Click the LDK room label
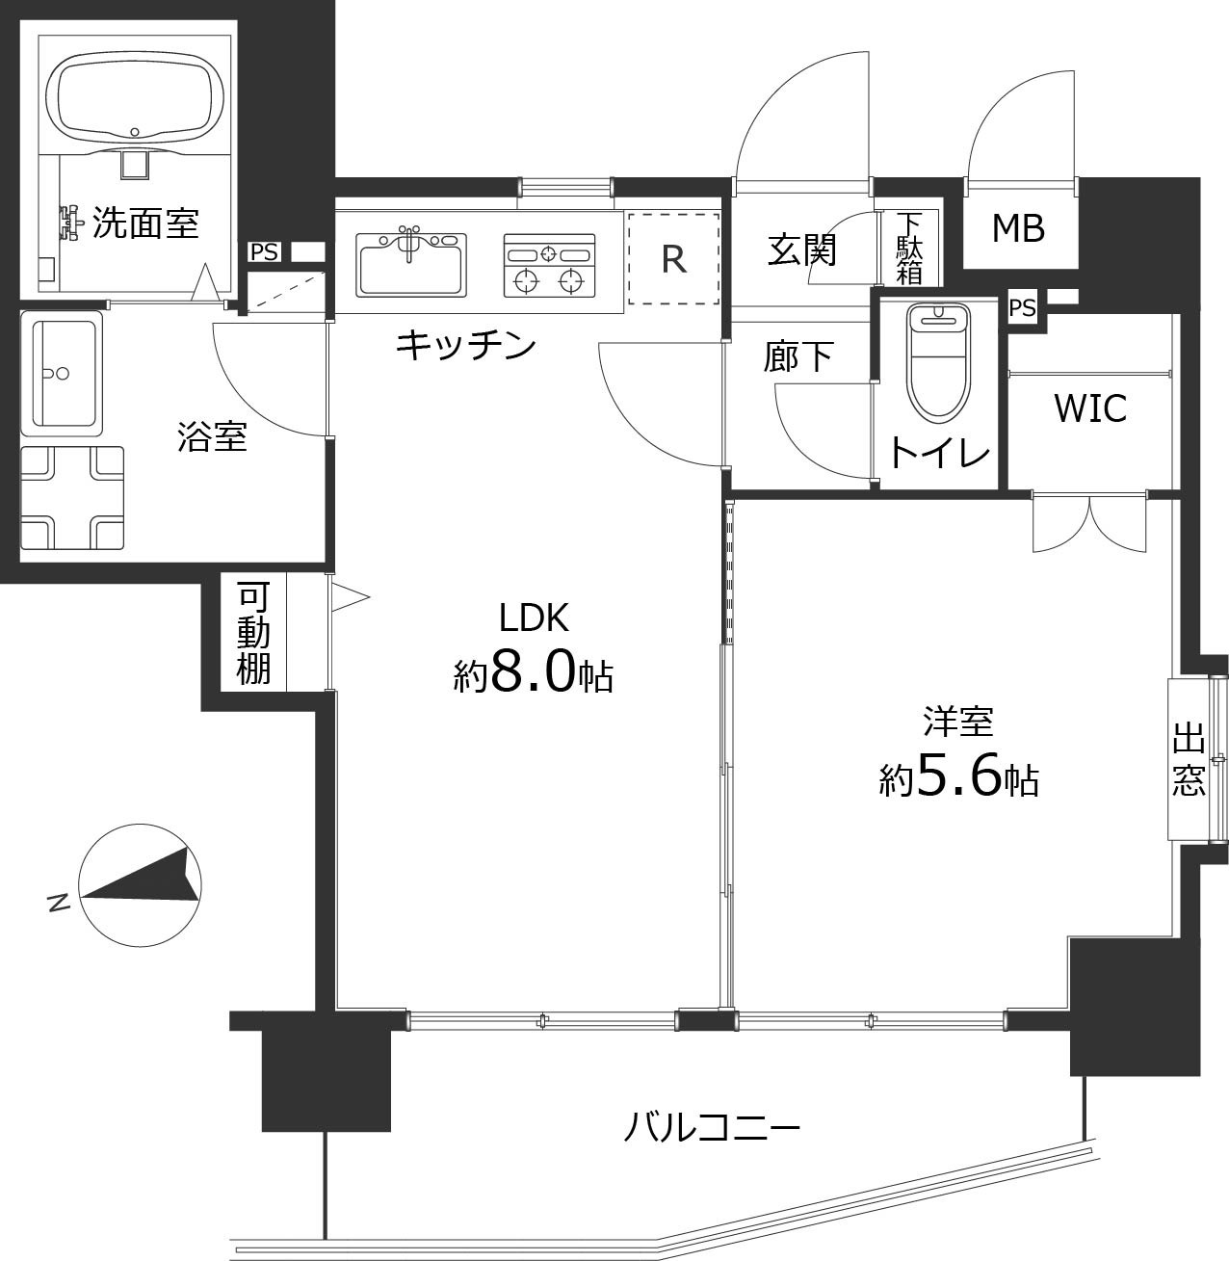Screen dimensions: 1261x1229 click(x=534, y=617)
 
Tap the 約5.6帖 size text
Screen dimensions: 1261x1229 click(x=958, y=778)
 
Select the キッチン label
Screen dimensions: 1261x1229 click(x=465, y=344)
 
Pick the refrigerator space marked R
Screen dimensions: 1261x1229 click(x=673, y=258)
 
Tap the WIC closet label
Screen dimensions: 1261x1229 click(x=1090, y=408)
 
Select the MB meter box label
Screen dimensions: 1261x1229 click(x=1018, y=229)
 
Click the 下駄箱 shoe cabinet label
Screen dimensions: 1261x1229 click(x=908, y=248)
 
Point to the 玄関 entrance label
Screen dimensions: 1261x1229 click(x=801, y=250)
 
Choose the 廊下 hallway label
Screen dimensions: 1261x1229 click(x=798, y=356)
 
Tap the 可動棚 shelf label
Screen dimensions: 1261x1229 click(x=253, y=633)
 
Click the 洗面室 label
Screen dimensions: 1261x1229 click(x=145, y=223)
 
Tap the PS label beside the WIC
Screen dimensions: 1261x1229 click(x=1022, y=308)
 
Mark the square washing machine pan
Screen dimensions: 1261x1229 click(x=72, y=497)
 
